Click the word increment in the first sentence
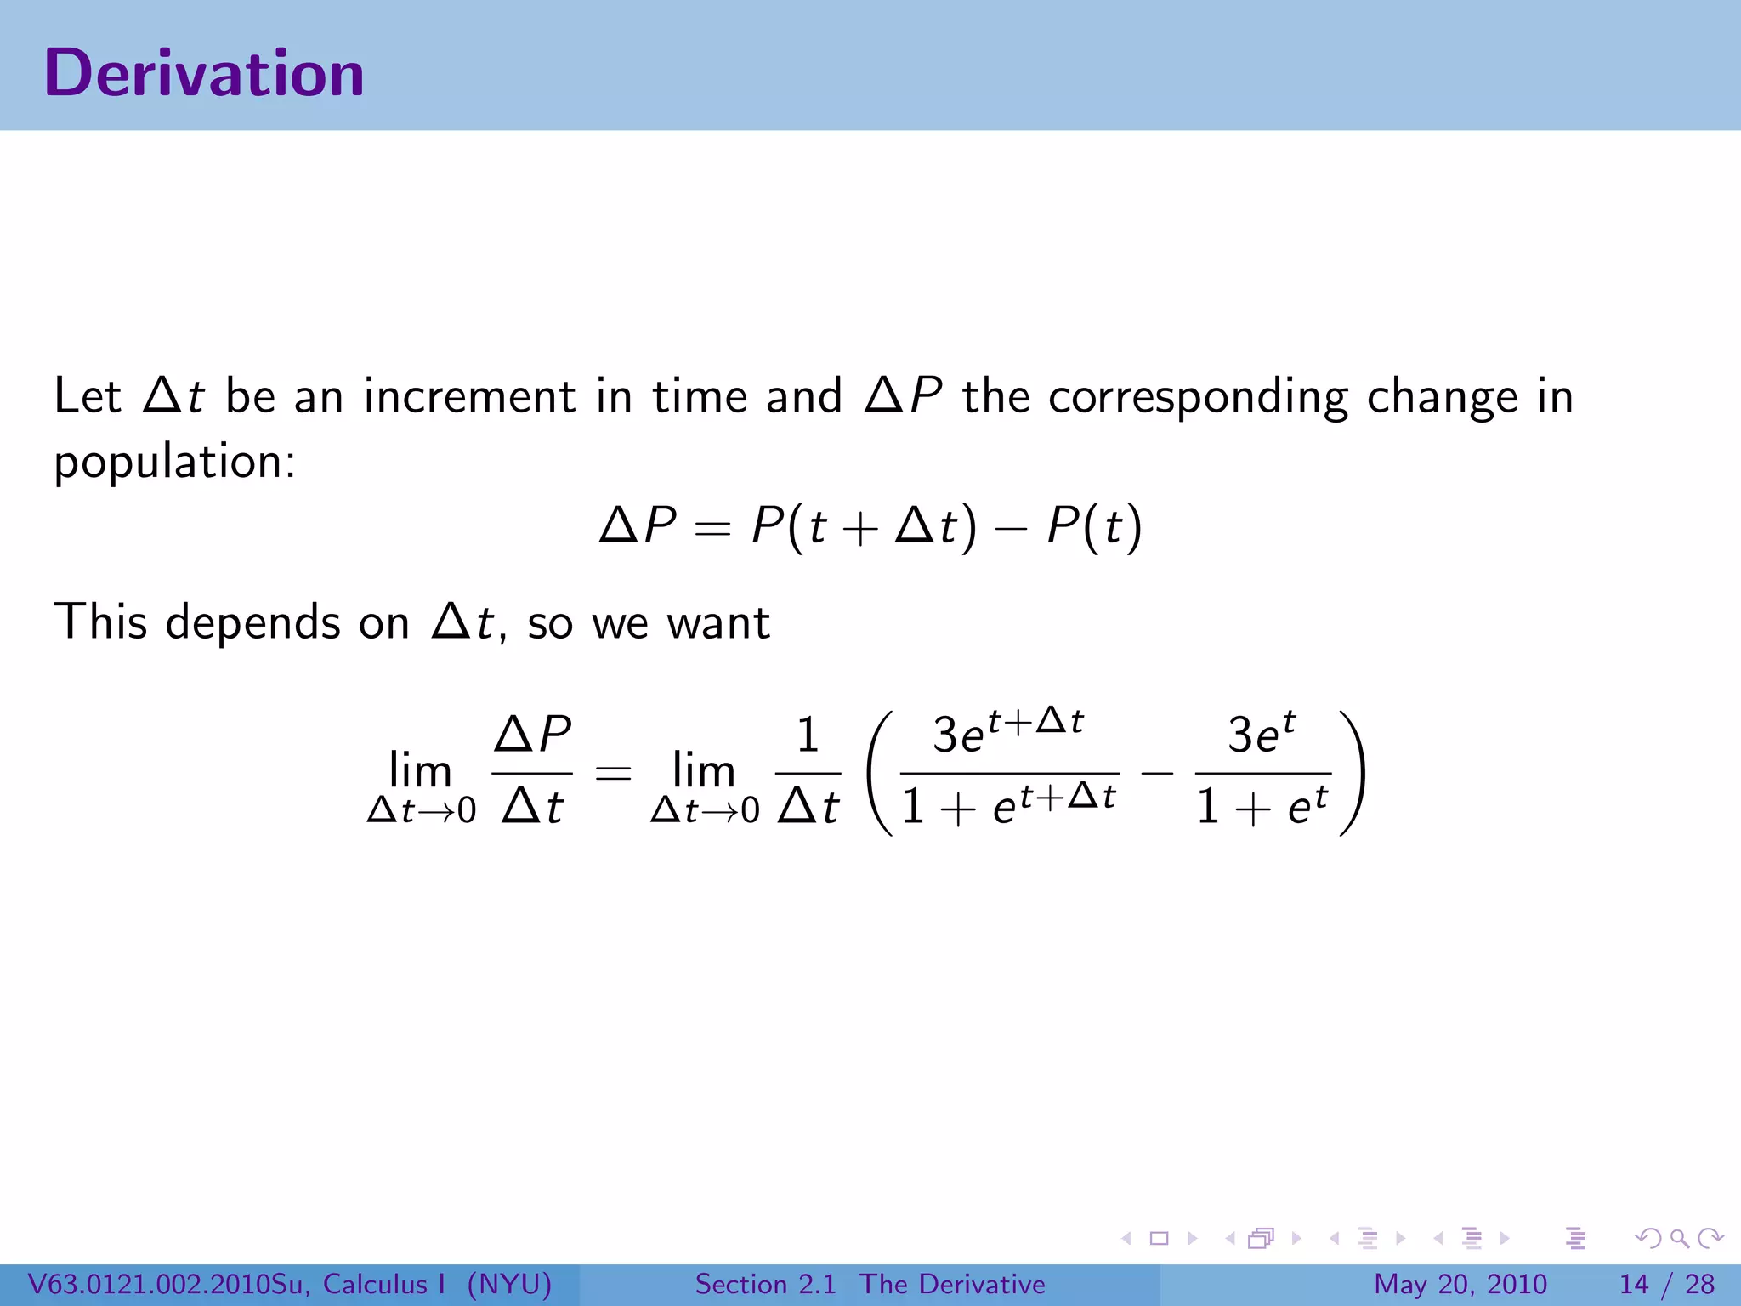(469, 397)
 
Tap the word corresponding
(1198, 397)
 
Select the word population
(174, 463)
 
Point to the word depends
(253, 622)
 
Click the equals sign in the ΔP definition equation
(712, 529)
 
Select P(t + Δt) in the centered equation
(864, 527)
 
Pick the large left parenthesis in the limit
(880, 774)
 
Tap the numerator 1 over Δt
(808, 735)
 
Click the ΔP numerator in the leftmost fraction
(533, 734)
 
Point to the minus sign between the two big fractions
(1157, 774)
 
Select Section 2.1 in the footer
(765, 1284)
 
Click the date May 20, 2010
(1460, 1284)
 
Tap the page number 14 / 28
(1666, 1284)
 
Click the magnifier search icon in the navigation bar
(1679, 1238)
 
